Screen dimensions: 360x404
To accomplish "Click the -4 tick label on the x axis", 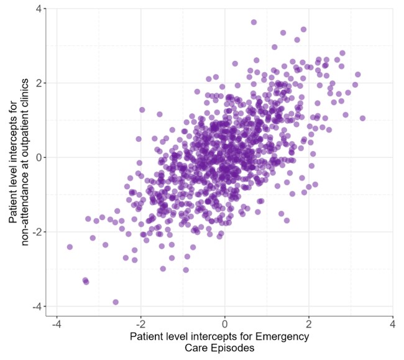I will [56, 325].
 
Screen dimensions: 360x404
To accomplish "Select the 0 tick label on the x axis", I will [225, 325].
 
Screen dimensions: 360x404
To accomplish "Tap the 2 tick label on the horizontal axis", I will [309, 325].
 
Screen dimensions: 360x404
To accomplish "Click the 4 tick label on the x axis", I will [393, 325].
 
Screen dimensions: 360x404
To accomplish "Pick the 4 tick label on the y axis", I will [39, 9].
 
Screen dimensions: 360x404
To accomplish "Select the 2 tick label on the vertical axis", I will [39, 83].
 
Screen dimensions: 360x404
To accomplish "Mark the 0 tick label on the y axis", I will [39, 157].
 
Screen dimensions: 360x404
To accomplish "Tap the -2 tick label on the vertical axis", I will [37, 232].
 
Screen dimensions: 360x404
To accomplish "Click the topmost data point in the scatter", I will [254, 22].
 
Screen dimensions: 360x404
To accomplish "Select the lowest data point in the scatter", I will [116, 302].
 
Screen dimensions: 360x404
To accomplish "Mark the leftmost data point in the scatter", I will [70, 247].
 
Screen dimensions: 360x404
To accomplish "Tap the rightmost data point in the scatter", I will [362, 118].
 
